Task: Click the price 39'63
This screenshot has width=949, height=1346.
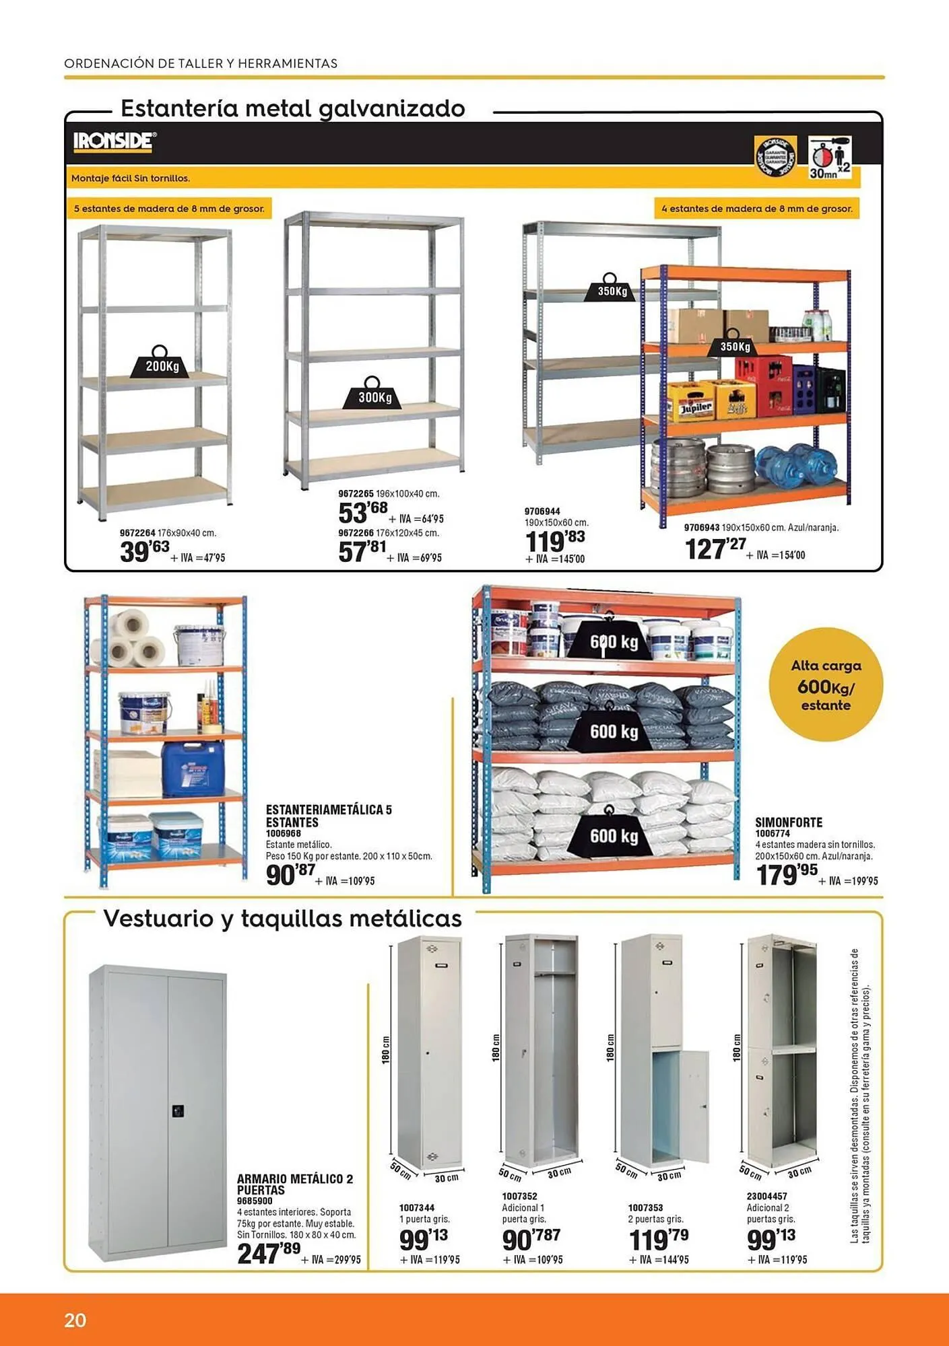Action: tap(145, 551)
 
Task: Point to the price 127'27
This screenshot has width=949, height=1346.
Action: tap(715, 548)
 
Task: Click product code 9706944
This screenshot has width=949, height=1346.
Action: tap(542, 511)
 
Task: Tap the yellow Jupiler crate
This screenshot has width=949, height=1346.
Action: tap(691, 401)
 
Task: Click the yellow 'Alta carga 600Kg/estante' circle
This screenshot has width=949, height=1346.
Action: tap(826, 684)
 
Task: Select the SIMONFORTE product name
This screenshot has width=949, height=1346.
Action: tap(789, 822)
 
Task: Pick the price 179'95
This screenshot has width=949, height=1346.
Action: tap(787, 874)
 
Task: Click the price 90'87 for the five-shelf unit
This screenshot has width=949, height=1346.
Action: tap(290, 874)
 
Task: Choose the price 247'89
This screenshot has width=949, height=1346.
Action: tap(269, 1253)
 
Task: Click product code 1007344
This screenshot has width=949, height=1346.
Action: tap(417, 1208)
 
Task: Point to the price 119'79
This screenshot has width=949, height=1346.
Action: tap(658, 1239)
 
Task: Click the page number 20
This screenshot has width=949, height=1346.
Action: tap(75, 1320)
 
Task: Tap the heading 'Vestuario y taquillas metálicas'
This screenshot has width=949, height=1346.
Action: tap(283, 919)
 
